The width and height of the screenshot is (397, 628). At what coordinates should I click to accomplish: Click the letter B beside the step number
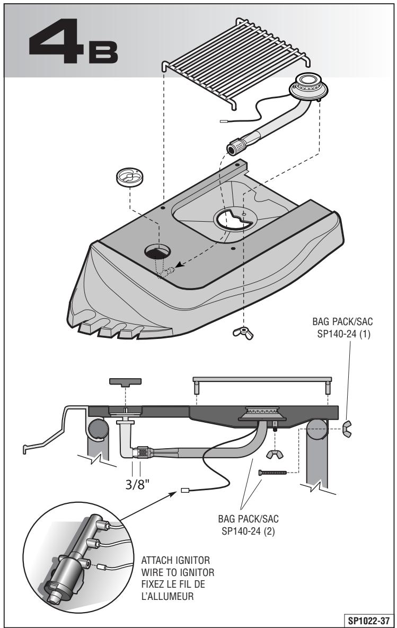point(103,51)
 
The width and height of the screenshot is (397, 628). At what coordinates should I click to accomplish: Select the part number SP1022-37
point(368,621)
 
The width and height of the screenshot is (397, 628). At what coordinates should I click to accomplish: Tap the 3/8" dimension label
point(137,484)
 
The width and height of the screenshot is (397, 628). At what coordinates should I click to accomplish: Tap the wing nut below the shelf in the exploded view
point(243,333)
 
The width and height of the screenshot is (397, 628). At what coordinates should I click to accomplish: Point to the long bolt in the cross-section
point(273,473)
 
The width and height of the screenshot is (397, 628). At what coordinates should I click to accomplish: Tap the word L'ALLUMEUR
point(167,596)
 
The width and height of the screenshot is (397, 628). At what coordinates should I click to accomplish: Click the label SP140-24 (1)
point(343,334)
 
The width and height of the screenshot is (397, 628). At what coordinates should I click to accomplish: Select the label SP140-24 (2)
point(248,531)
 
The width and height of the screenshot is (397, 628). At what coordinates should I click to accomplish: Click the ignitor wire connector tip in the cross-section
point(185,490)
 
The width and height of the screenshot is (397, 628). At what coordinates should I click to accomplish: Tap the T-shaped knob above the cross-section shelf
point(125,382)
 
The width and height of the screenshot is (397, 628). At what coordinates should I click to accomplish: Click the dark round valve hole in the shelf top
point(157,252)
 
